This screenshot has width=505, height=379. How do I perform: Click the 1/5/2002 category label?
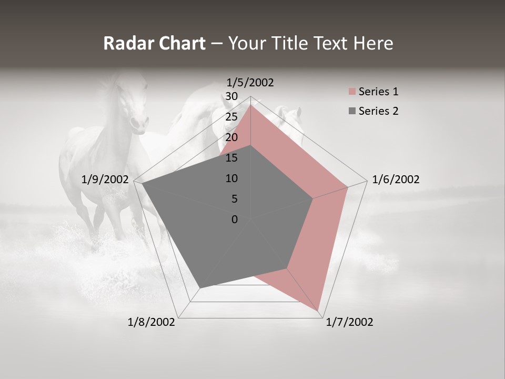(250, 82)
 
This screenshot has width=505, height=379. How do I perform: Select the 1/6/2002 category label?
(396, 179)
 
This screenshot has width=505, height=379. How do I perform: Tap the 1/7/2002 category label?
(349, 322)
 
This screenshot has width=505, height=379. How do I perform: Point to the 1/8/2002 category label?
(151, 322)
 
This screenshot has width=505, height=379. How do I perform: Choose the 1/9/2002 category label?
(105, 179)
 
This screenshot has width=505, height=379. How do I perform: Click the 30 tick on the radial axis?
(231, 96)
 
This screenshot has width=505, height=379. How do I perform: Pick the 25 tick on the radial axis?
(231, 117)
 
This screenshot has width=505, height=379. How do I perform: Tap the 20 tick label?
(231, 137)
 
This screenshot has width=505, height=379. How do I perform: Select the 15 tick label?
(231, 158)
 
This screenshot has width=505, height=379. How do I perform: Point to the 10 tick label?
(231, 178)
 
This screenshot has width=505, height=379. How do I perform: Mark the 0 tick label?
(235, 220)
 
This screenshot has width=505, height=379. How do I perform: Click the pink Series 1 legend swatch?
(352, 92)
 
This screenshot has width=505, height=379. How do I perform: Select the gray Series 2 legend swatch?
(352, 111)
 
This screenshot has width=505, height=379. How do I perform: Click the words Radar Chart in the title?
(154, 43)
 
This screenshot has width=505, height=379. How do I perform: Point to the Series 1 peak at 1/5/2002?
(251, 105)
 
